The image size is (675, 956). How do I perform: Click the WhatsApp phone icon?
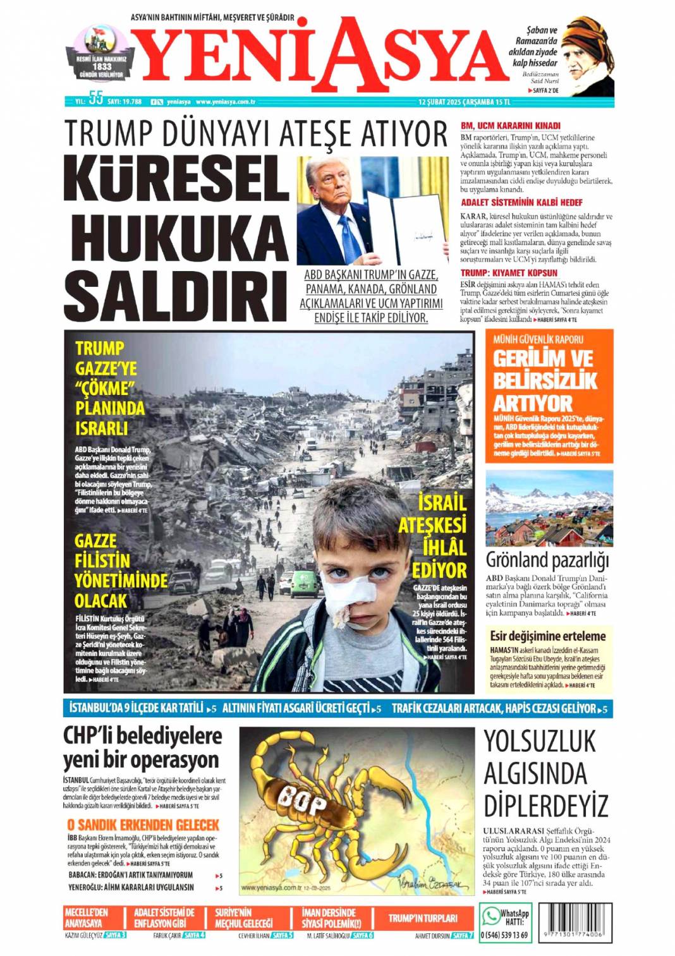490,916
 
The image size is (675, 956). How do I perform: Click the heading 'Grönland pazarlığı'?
547,560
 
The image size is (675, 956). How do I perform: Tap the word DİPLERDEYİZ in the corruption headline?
545,807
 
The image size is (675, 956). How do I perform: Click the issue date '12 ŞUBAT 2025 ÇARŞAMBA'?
456,101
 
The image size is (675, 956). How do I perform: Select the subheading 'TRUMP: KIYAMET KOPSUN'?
509,273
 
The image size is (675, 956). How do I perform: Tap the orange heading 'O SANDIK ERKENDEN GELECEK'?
143,825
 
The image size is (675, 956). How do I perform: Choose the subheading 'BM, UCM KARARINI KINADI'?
510,126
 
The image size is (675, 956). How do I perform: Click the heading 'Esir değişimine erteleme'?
547,636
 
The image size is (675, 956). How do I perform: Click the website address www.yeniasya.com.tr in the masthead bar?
225,101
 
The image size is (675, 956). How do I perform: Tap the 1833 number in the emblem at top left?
102,66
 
